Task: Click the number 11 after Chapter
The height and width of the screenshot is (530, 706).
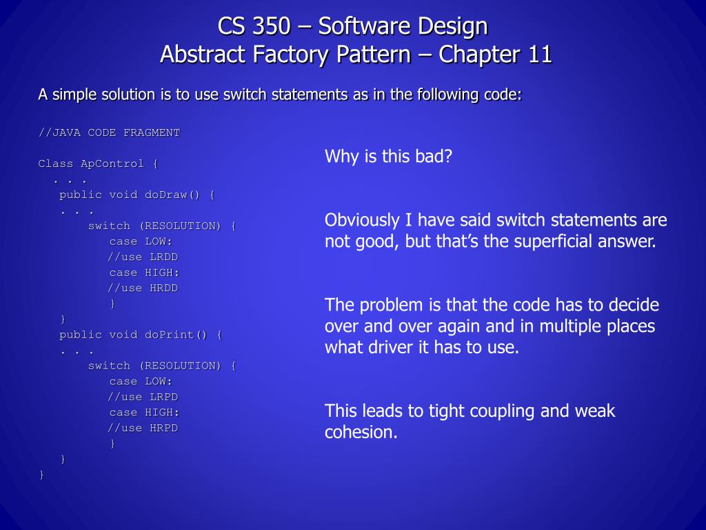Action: [540, 54]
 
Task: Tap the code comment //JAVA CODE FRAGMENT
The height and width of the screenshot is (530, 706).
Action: [109, 132]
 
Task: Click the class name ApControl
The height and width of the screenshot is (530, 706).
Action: [112, 164]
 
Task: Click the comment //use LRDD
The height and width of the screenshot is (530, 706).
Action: [143, 257]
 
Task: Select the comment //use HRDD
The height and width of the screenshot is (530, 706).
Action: [143, 288]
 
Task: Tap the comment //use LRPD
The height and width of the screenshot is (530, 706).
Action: [143, 397]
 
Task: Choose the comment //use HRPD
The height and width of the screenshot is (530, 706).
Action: [143, 428]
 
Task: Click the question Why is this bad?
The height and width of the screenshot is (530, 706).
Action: [388, 157]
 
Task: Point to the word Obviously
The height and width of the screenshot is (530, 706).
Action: [362, 221]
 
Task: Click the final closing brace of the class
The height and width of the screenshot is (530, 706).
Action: [42, 474]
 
